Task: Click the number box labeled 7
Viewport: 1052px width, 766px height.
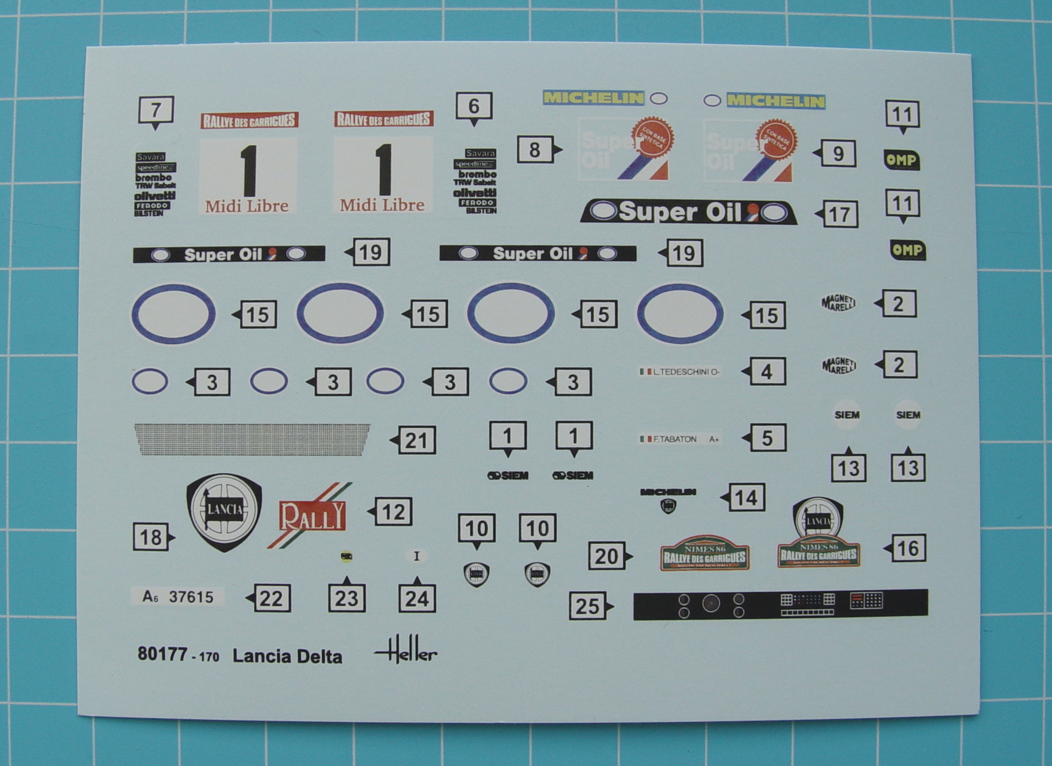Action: (156, 110)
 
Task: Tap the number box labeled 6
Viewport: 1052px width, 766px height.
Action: (474, 106)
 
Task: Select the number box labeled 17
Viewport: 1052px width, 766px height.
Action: (840, 214)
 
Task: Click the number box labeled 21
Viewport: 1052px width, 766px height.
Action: (416, 440)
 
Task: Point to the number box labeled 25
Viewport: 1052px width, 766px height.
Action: (588, 606)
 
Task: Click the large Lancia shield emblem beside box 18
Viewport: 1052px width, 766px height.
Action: (224, 511)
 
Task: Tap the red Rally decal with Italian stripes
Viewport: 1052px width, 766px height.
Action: (312, 516)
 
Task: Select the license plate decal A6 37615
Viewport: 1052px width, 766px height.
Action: (178, 597)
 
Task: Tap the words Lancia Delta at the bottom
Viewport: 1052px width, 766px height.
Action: (287, 656)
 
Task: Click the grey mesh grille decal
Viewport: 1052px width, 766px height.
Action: (253, 440)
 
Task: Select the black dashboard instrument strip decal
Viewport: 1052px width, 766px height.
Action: (780, 605)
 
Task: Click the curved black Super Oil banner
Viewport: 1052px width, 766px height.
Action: (688, 212)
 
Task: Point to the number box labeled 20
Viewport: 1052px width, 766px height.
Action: (606, 556)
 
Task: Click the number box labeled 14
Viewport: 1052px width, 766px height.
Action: (746, 498)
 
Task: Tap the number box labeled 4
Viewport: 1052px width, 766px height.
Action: (767, 372)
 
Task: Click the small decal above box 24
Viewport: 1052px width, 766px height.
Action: (416, 556)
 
